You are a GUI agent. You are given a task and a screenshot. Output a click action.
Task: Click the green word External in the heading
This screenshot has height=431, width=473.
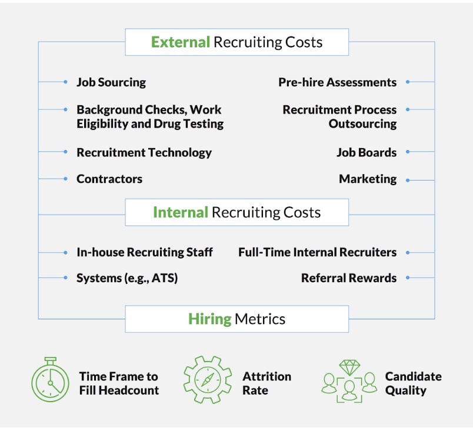(x=181, y=42)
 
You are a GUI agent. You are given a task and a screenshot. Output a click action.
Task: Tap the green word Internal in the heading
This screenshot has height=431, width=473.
(x=181, y=212)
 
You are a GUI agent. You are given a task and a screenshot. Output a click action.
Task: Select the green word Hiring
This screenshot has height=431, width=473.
(x=209, y=319)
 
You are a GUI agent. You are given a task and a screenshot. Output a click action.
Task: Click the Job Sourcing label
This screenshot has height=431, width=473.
(x=111, y=82)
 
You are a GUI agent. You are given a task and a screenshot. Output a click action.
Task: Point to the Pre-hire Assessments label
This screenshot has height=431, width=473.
(x=337, y=82)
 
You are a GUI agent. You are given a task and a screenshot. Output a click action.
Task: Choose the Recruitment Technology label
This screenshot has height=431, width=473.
(x=144, y=152)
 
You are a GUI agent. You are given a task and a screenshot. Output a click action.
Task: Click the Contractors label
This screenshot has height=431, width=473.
(x=109, y=179)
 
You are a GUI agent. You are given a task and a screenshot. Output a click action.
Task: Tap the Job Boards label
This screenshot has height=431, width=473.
(x=367, y=152)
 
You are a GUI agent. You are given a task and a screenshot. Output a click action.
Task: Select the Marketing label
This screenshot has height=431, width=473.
(x=368, y=179)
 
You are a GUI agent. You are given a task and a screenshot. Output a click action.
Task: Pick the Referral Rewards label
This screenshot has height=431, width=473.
(x=349, y=278)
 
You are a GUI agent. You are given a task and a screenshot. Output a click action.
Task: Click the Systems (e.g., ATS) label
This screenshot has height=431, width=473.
(x=127, y=278)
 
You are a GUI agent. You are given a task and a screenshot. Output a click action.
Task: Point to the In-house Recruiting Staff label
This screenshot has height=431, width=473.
(x=145, y=252)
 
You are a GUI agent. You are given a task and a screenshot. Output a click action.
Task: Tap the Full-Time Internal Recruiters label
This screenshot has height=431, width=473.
(x=317, y=252)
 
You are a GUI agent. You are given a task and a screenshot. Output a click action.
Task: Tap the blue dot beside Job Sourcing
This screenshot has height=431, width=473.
(x=65, y=82)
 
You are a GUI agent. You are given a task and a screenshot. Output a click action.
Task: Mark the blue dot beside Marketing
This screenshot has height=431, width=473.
(x=408, y=179)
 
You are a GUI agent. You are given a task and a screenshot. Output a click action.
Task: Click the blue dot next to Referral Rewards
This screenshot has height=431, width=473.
(x=408, y=278)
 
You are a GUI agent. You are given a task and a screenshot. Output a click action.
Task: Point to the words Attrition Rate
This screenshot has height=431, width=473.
(x=267, y=383)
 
